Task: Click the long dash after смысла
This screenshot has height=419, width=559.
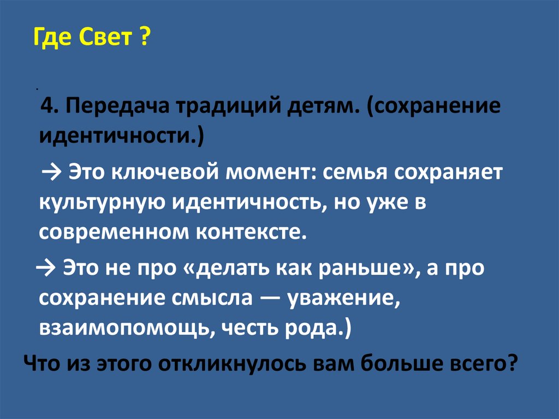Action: point(270,298)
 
